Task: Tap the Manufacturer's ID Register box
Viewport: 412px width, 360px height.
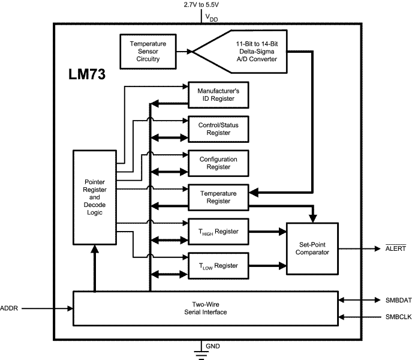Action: click(218, 95)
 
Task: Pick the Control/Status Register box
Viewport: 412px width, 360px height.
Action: click(218, 129)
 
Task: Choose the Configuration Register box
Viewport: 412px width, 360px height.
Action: click(218, 163)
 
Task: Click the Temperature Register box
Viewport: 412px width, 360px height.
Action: click(218, 197)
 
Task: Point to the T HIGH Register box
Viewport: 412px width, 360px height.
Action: click(218, 232)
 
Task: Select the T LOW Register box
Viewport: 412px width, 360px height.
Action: click(218, 265)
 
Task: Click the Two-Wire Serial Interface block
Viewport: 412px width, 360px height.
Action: click(206, 308)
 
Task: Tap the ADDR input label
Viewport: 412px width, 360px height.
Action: click(10, 308)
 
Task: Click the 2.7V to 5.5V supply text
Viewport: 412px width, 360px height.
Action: click(201, 5)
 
